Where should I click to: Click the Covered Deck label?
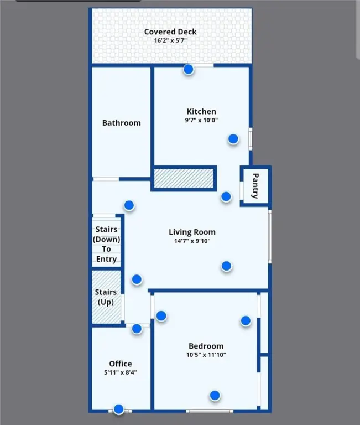click(170, 32)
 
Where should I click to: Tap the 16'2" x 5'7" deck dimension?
click(170, 40)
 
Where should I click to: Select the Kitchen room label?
click(201, 111)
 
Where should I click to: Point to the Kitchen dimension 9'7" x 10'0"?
click(201, 120)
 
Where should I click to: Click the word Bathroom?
click(122, 123)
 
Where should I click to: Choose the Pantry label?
click(255, 186)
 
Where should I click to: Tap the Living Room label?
click(192, 232)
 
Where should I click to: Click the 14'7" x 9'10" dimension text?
click(192, 241)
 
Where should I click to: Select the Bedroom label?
click(206, 346)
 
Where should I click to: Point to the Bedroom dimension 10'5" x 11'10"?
click(206, 355)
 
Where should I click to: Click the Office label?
click(121, 364)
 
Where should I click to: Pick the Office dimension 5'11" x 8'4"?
click(121, 372)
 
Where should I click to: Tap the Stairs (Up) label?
click(106, 297)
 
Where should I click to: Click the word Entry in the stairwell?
click(107, 259)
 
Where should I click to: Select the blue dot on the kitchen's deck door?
click(189, 69)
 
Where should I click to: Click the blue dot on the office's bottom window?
click(119, 410)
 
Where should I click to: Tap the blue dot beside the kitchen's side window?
click(233, 139)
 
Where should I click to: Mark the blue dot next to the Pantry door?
click(226, 196)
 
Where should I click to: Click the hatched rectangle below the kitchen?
click(184, 178)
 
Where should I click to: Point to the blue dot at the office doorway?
click(137, 329)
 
